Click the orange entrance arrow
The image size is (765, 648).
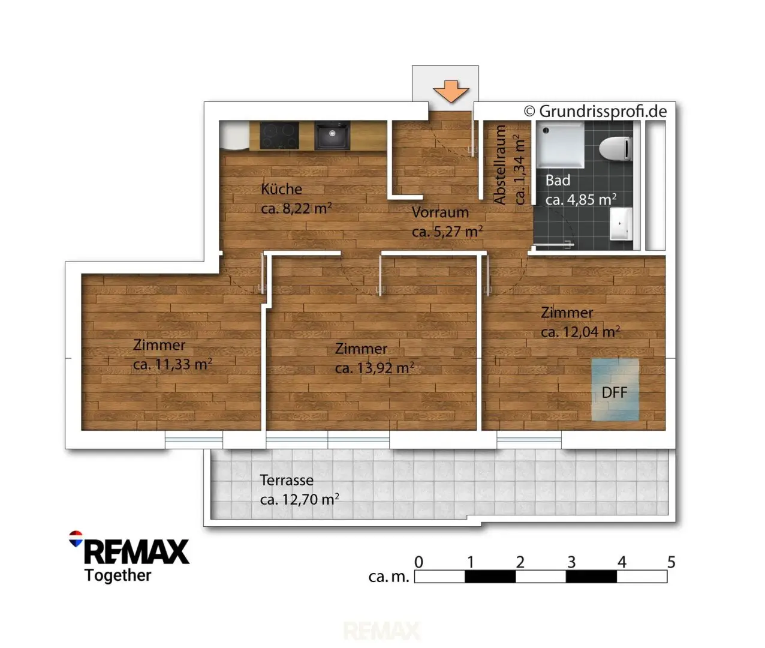451,91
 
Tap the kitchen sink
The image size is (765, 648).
332,135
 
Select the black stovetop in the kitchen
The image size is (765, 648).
279,135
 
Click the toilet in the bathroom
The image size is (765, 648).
616,149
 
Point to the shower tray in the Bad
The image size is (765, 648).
561,145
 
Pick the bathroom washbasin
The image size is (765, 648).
621,224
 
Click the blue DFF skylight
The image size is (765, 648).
615,389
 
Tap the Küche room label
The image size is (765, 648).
281,190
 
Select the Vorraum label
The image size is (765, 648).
440,212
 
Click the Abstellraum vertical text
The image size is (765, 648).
500,164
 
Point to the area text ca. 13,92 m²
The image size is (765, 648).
374,368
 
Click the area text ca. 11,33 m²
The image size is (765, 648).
173,364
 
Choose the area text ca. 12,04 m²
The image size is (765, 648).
580,332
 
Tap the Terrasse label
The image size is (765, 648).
287,480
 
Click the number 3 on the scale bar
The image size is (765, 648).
571,562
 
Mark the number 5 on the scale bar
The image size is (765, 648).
671,562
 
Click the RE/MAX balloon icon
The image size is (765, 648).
76,539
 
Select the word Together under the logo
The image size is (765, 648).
118,575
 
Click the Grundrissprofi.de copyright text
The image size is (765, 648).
595,111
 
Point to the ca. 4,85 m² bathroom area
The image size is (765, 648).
581,199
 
